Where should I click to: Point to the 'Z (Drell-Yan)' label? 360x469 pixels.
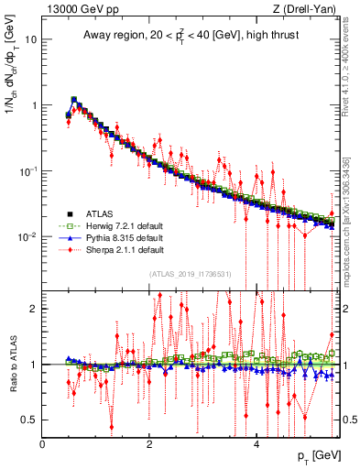[x=310, y=10]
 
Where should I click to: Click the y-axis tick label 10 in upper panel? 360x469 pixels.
[x=31, y=39]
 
